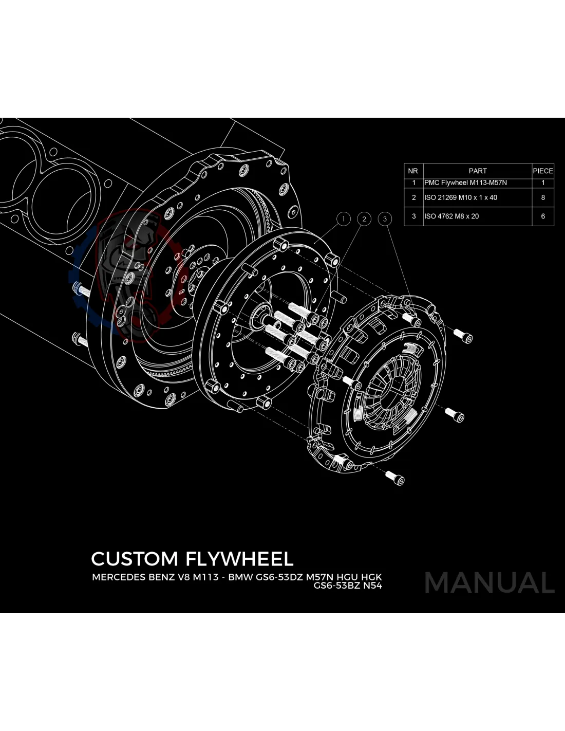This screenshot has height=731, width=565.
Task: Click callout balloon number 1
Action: coord(343,219)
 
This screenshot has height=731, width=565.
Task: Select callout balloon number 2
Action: coord(364,219)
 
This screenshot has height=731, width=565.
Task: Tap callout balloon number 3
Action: coord(385,219)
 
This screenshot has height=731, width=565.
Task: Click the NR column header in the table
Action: coord(413,171)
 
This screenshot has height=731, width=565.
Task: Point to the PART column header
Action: coord(477,171)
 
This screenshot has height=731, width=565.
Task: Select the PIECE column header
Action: coord(543,171)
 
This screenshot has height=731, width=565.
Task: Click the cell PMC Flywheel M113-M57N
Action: coord(465,182)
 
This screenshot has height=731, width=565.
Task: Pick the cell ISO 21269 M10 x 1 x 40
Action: coord(461,197)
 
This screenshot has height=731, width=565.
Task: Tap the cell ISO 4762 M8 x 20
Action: coord(451,216)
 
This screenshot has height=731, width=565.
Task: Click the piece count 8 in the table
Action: coord(543,197)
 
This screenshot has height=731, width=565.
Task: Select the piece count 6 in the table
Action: coord(543,216)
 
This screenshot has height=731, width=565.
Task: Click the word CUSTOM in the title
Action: coord(135,559)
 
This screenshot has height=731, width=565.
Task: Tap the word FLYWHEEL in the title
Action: coord(239,559)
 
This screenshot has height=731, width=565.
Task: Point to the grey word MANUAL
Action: coord(489,582)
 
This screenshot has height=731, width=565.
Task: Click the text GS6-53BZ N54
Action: coord(348,586)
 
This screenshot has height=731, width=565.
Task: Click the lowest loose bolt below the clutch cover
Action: coord(395,478)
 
